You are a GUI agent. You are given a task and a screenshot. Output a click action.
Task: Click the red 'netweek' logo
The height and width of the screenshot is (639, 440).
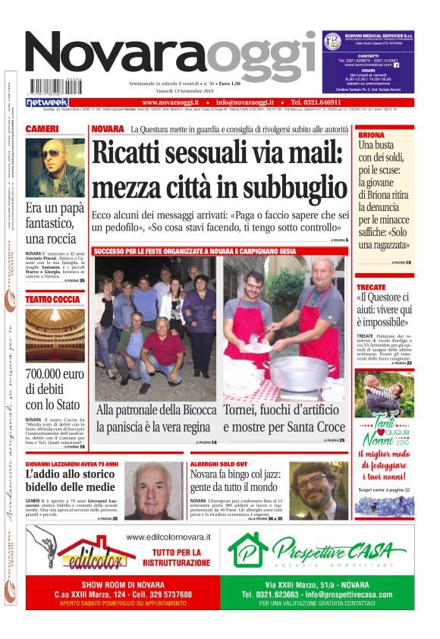pyautogui.click(x=47, y=102)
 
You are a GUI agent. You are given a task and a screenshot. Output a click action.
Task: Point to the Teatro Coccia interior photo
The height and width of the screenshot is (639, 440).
pyautogui.click(x=55, y=335)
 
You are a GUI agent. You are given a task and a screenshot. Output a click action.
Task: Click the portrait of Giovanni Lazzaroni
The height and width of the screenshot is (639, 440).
pyautogui.click(x=155, y=490)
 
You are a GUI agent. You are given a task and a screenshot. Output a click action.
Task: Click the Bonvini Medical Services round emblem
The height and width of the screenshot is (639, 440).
pyautogui.click(x=331, y=41)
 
